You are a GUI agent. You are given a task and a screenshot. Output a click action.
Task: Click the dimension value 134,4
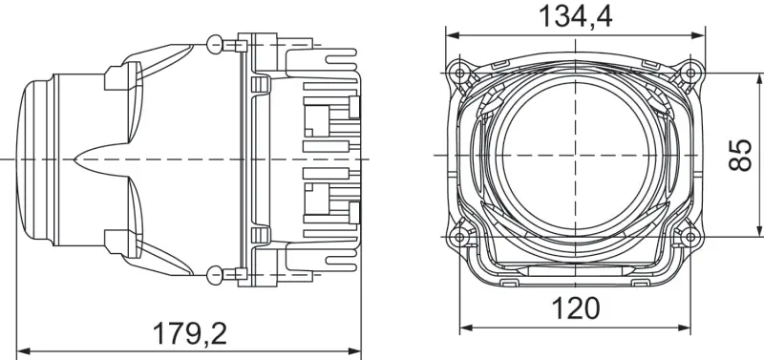[x=575, y=16]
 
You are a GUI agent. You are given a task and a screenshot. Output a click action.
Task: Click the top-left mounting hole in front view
[x=461, y=73]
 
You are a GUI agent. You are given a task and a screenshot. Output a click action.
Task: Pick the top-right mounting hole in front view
[x=690, y=73]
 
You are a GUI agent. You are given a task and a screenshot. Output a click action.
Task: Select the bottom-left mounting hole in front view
[x=461, y=235]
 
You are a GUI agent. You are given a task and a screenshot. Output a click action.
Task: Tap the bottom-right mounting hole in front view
[x=690, y=235]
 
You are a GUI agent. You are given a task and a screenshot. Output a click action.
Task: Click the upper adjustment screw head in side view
[x=215, y=43]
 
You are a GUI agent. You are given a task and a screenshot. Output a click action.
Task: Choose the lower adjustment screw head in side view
[x=215, y=276]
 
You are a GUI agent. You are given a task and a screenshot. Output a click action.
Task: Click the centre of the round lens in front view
[x=575, y=153]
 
